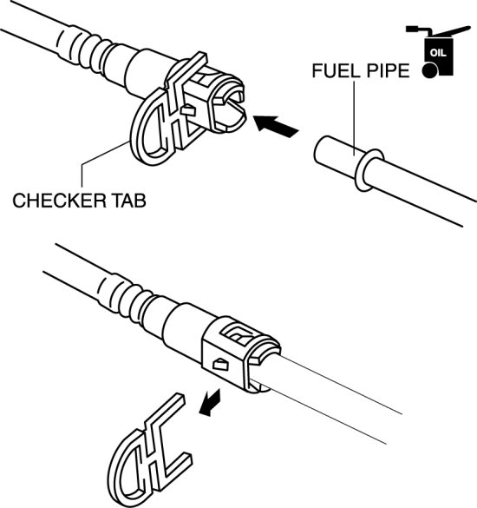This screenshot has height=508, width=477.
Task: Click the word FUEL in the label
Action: pyautogui.click(x=335, y=70)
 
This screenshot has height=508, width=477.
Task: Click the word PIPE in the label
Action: pyautogui.click(x=386, y=70)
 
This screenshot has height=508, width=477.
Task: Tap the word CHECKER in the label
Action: pyautogui.click(x=59, y=201)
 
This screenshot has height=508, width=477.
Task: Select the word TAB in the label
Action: pyautogui.click(x=129, y=201)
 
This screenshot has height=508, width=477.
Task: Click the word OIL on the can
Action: pyautogui.click(x=438, y=52)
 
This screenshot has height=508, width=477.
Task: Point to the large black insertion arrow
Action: pyautogui.click(x=276, y=126)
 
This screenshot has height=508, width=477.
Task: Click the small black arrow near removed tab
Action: pyautogui.click(x=211, y=402)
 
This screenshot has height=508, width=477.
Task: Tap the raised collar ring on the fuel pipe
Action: pyautogui.click(x=369, y=169)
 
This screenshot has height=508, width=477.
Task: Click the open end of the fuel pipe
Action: pyautogui.click(x=321, y=150)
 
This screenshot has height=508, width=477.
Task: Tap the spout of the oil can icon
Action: pyautogui.click(x=453, y=31)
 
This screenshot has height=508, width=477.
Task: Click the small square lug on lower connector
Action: pyautogui.click(x=220, y=364)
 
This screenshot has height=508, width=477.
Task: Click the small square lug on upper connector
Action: pyautogui.click(x=188, y=110)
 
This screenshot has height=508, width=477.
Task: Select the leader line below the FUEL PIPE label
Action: pyautogui.click(x=354, y=118)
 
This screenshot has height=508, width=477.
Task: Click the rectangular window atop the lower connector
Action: pyautogui.click(x=238, y=334)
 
